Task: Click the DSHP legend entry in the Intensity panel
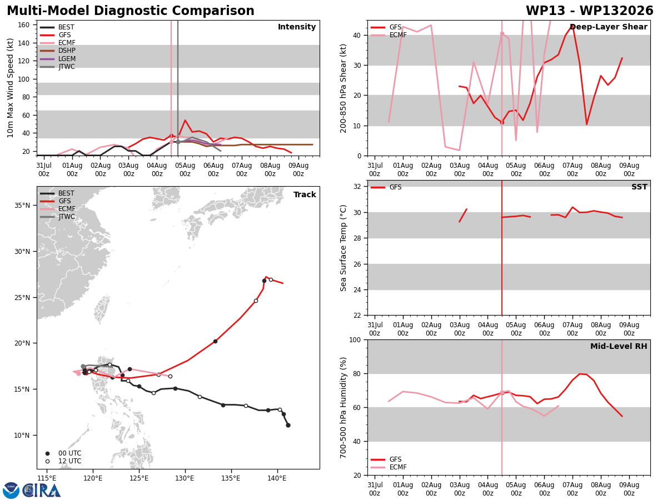(58, 51)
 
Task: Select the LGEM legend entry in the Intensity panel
(58, 58)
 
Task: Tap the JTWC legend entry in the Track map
(58, 217)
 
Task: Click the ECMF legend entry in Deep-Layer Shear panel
(389, 35)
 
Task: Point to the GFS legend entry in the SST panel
(386, 187)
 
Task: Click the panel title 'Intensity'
(297, 27)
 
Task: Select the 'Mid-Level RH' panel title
(619, 346)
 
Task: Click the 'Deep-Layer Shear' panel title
(608, 27)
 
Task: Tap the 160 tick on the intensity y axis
(23, 25)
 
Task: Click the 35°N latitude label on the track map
(22, 206)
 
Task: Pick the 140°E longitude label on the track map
(277, 478)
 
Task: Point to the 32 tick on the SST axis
(357, 187)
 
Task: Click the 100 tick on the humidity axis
(355, 339)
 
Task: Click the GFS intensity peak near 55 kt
(185, 120)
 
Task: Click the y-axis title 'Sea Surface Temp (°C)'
(343, 248)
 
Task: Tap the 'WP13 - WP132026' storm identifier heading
(589, 11)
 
